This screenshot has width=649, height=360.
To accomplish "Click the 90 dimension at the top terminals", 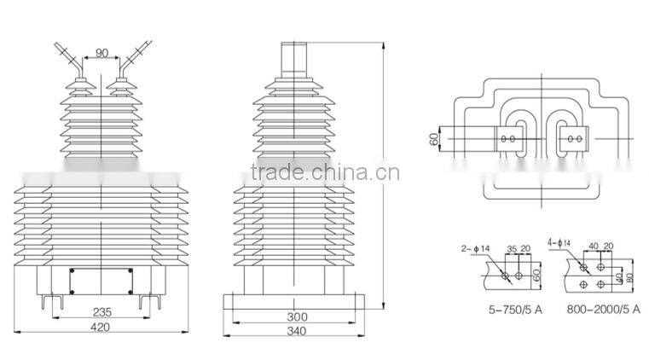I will tap(102, 53).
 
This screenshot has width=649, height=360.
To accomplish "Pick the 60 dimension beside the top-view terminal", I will tap(434, 136).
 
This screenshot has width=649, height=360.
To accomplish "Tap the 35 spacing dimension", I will tap(512, 250).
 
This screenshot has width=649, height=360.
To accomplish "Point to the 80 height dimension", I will tap(629, 276).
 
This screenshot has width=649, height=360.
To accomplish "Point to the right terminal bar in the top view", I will tap(577, 137).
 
